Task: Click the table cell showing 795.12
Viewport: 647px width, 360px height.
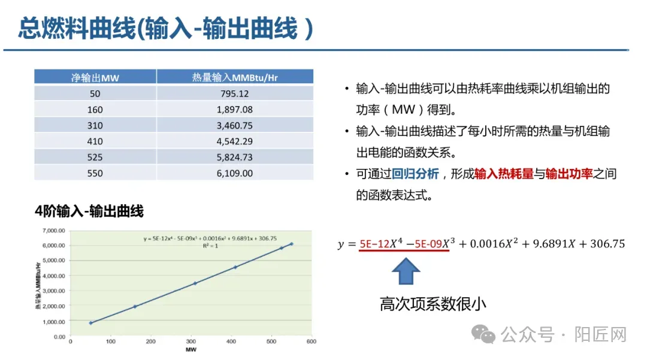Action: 234,93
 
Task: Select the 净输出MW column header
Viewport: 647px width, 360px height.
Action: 95,77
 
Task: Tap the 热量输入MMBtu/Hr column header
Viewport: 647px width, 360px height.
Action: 234,77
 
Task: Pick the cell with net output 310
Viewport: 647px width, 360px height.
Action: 95,126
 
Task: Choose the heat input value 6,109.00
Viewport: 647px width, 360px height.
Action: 234,173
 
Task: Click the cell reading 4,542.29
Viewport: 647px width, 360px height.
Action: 234,141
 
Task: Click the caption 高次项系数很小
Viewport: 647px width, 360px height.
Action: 433,304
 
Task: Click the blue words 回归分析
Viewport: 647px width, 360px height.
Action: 416,174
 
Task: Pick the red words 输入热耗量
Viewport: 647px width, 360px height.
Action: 504,174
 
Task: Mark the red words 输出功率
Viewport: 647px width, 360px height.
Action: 569,174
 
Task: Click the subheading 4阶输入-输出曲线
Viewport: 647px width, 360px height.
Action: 89,211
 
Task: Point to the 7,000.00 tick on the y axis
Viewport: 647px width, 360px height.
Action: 53,231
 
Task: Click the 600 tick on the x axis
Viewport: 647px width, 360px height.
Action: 311,341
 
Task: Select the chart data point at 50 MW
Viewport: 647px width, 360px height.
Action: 91,323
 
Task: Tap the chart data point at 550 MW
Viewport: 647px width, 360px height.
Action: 292,244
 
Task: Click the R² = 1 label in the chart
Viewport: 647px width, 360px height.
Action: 209,245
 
